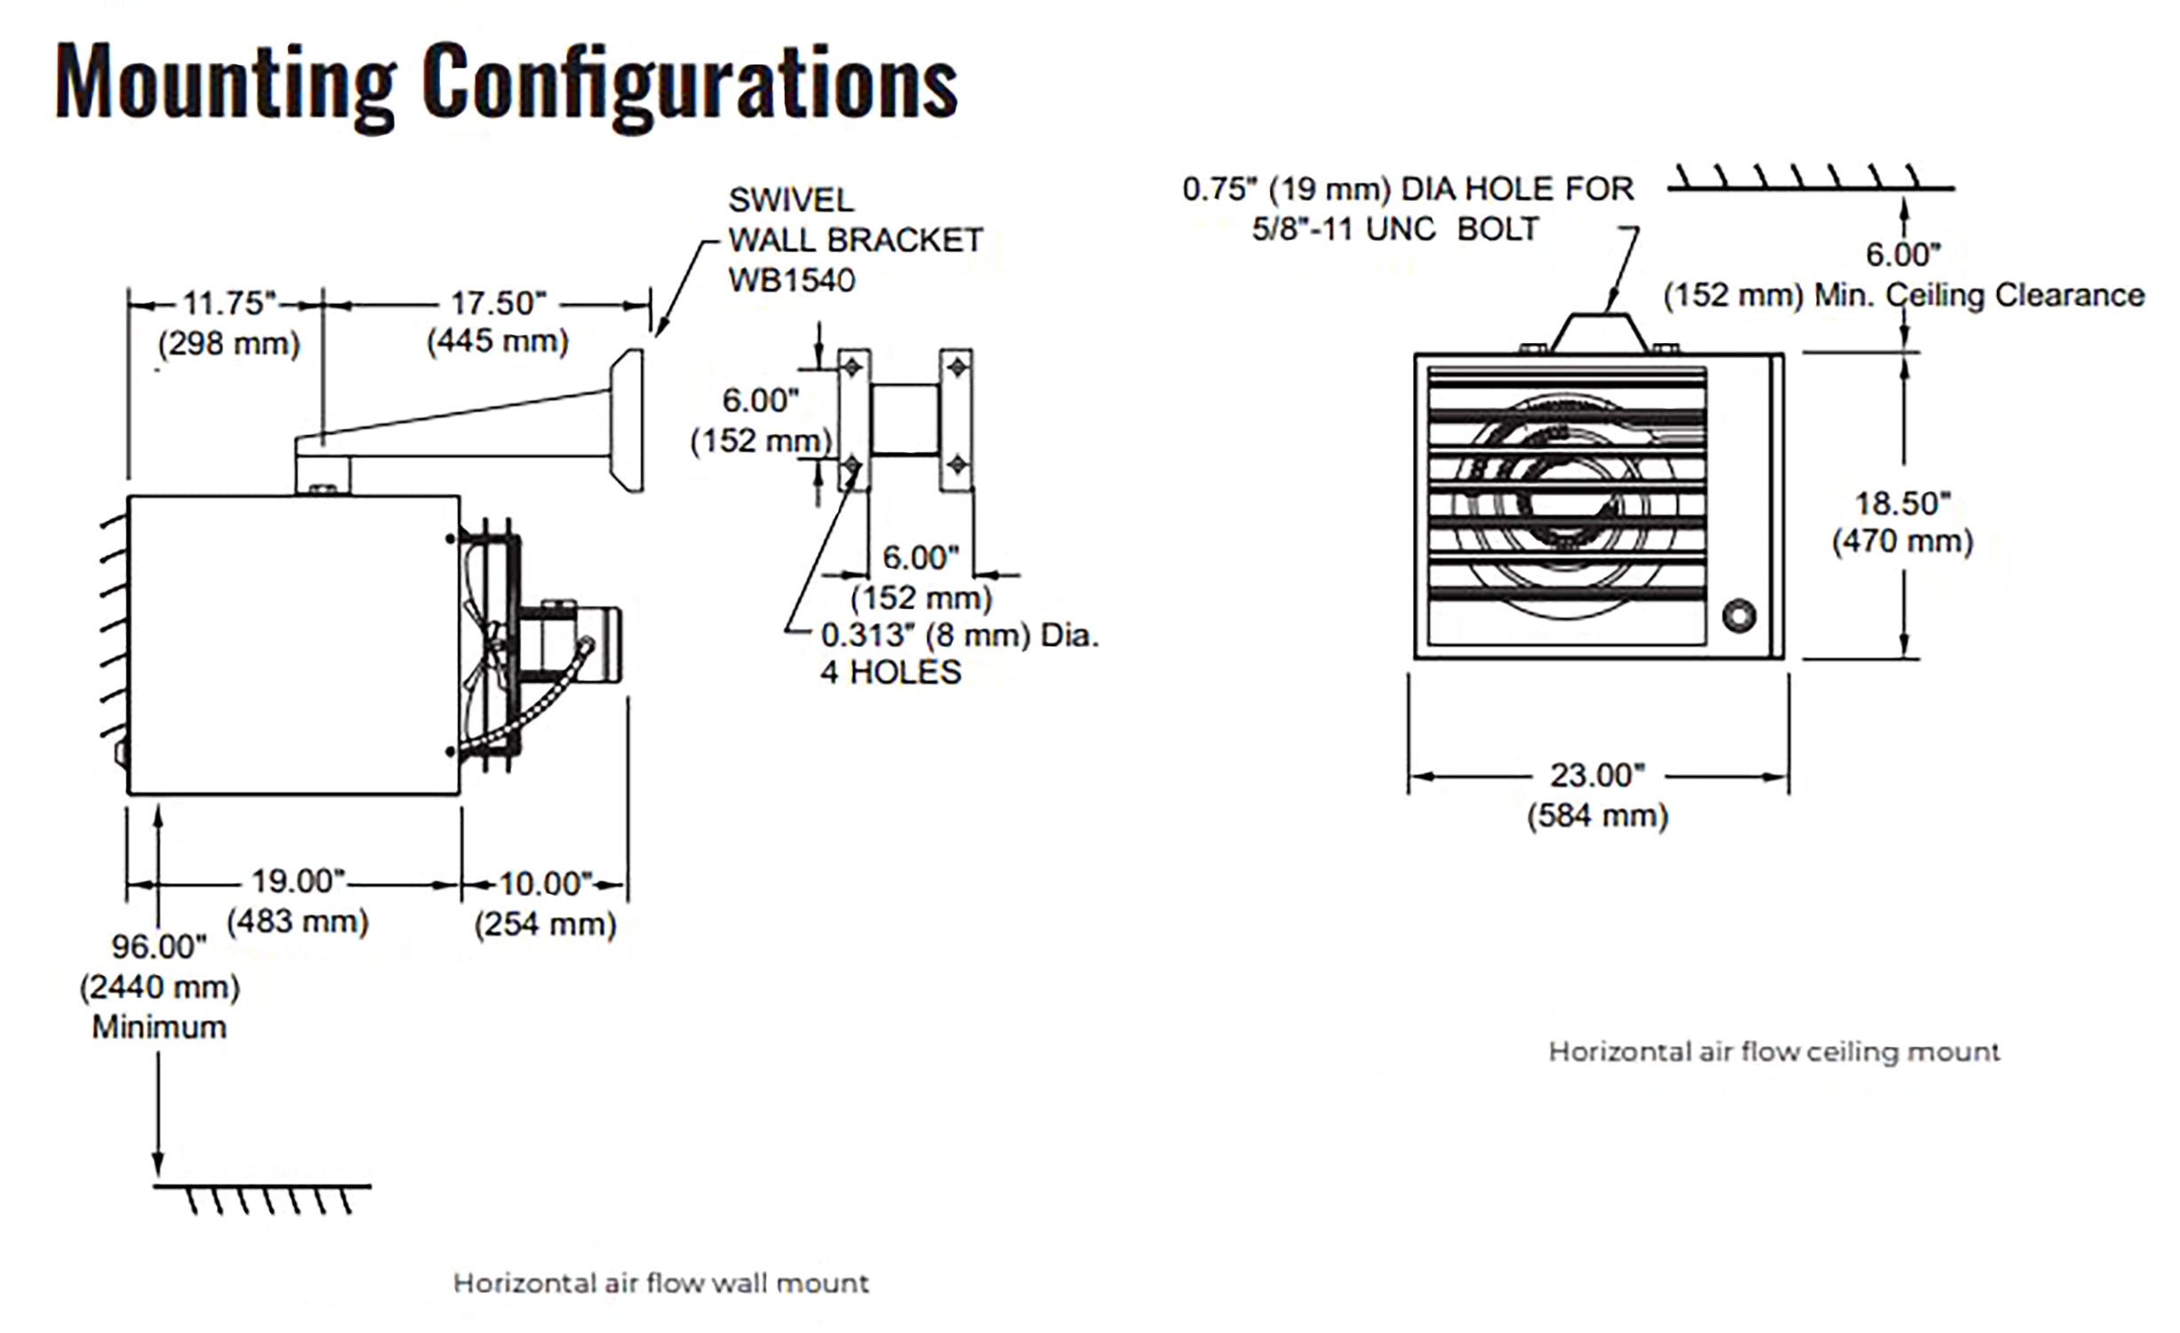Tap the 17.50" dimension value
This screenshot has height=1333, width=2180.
pyautogui.click(x=498, y=304)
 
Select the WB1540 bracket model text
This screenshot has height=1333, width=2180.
pyautogui.click(x=791, y=281)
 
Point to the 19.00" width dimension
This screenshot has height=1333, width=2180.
pyautogui.click(x=298, y=882)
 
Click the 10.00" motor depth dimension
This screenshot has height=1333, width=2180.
pyautogui.click(x=545, y=884)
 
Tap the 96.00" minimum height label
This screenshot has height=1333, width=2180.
pyautogui.click(x=159, y=947)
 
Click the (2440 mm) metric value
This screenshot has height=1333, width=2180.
pyautogui.click(x=160, y=987)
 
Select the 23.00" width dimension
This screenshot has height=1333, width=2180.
pyautogui.click(x=1597, y=776)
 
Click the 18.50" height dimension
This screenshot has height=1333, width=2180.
pyautogui.click(x=1902, y=504)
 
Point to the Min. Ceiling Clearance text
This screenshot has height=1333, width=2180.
pyautogui.click(x=1979, y=295)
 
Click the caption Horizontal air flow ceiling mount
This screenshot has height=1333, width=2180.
pyautogui.click(x=1774, y=1052)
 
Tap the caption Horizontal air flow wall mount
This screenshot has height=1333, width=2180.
pyautogui.click(x=661, y=1283)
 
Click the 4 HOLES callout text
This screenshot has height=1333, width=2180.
pyautogui.click(x=890, y=673)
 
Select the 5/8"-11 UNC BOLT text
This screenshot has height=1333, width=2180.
pyautogui.click(x=1395, y=229)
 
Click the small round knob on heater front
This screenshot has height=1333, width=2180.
pyautogui.click(x=1738, y=616)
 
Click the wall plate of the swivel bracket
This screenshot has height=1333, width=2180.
pyautogui.click(x=627, y=419)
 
